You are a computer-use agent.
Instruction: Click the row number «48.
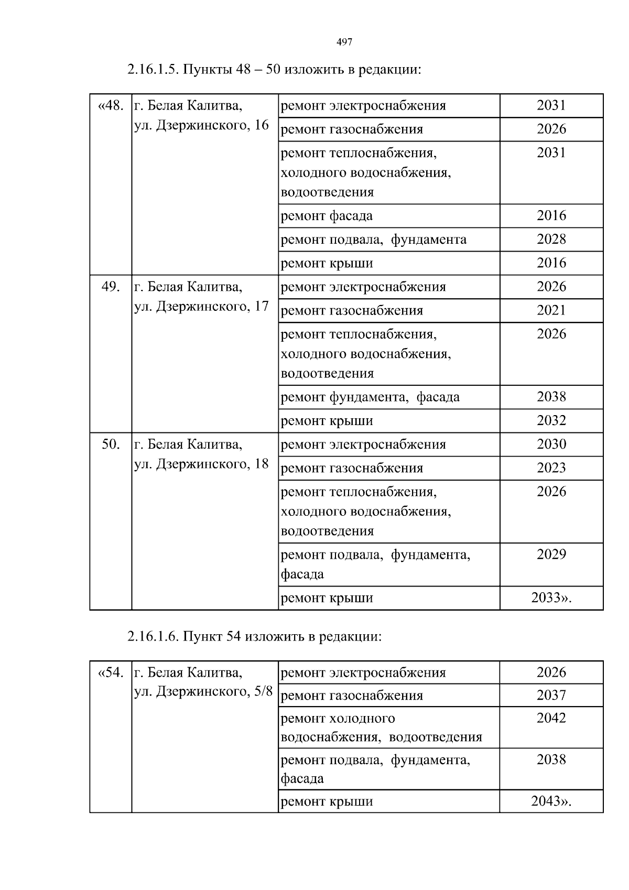click(x=111, y=106)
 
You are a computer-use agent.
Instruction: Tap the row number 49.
click(x=111, y=287)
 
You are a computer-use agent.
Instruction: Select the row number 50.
click(x=111, y=444)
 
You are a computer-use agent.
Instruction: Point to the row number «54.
click(x=111, y=672)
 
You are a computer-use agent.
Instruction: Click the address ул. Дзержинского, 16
click(x=201, y=125)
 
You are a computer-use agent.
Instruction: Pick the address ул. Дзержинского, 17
click(x=201, y=306)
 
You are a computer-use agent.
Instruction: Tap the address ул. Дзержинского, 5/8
click(x=203, y=692)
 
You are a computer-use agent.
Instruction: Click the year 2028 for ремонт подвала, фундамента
click(x=551, y=240)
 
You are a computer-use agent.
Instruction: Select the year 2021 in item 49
click(x=551, y=310)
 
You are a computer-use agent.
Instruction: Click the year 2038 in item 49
click(x=551, y=397)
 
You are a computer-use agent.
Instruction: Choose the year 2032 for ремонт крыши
click(x=551, y=420)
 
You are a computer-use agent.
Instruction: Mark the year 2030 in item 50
click(x=551, y=444)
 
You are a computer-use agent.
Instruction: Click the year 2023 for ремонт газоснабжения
click(x=551, y=468)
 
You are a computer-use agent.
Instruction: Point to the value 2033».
click(x=551, y=598)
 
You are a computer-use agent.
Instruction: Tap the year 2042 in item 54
click(x=551, y=718)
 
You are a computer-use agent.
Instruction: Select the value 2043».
click(x=551, y=801)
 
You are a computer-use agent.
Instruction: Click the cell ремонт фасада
click(x=327, y=216)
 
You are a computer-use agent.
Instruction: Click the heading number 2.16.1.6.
click(x=154, y=637)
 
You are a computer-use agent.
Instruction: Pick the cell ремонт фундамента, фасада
click(x=370, y=397)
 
